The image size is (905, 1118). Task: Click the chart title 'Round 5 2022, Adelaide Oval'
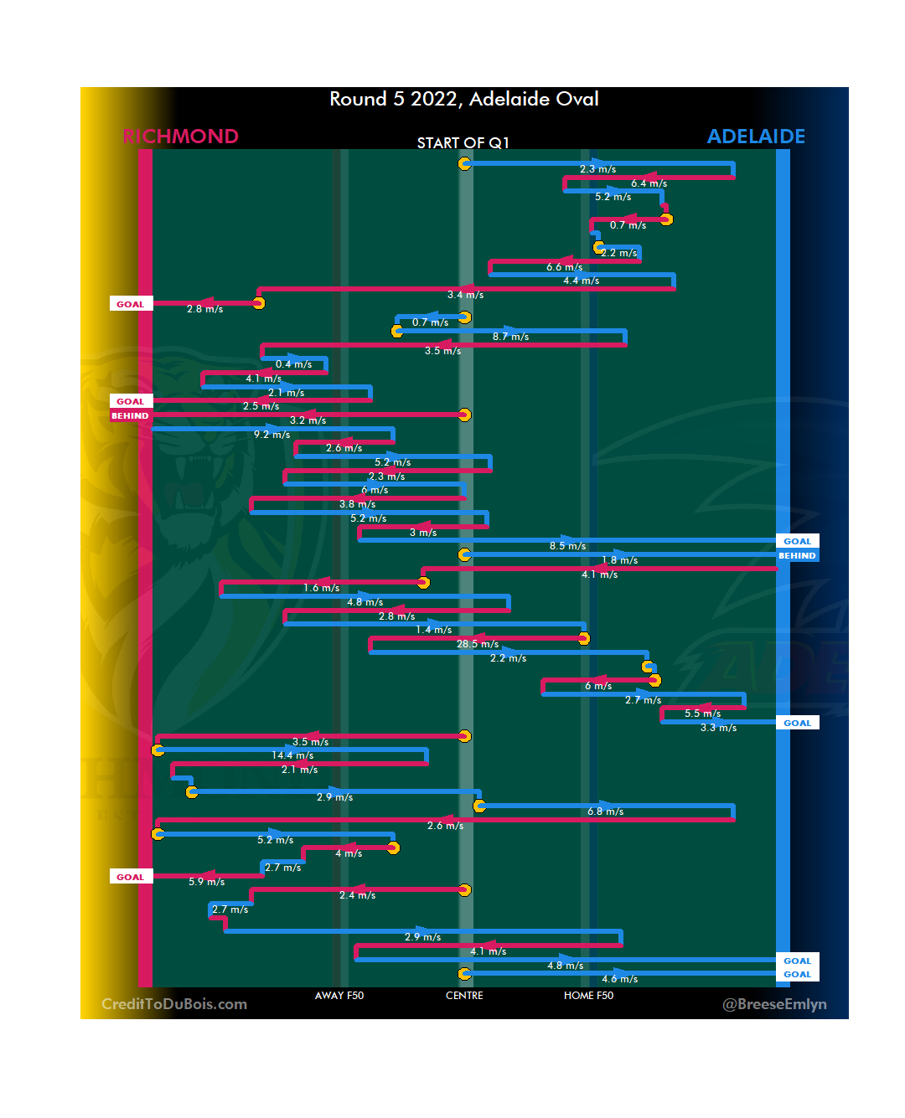tap(463, 99)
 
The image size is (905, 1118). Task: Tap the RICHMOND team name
tap(180, 137)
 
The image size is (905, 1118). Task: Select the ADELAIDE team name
tap(756, 137)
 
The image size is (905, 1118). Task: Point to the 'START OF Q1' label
tap(463, 143)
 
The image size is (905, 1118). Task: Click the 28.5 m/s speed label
tap(478, 644)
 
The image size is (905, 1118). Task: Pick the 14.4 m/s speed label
tap(292, 755)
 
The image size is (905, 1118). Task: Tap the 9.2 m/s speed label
tap(271, 435)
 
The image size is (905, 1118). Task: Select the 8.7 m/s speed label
tap(510, 337)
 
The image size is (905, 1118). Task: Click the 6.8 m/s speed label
tap(605, 811)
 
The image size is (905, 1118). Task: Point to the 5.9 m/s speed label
tap(206, 882)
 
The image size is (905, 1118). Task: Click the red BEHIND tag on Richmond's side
tap(130, 415)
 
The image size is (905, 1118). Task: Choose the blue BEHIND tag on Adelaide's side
tap(797, 555)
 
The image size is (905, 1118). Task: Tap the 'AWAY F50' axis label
tap(339, 996)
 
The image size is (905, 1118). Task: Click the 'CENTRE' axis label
tap(464, 996)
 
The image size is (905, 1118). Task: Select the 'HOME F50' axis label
tap(588, 996)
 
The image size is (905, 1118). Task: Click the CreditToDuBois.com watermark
tap(174, 1004)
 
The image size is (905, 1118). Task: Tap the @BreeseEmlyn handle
tap(774, 1004)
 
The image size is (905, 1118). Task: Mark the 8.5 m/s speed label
tap(567, 546)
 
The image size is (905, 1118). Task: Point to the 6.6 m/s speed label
tap(564, 267)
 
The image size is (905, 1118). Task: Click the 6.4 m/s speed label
tap(649, 183)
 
